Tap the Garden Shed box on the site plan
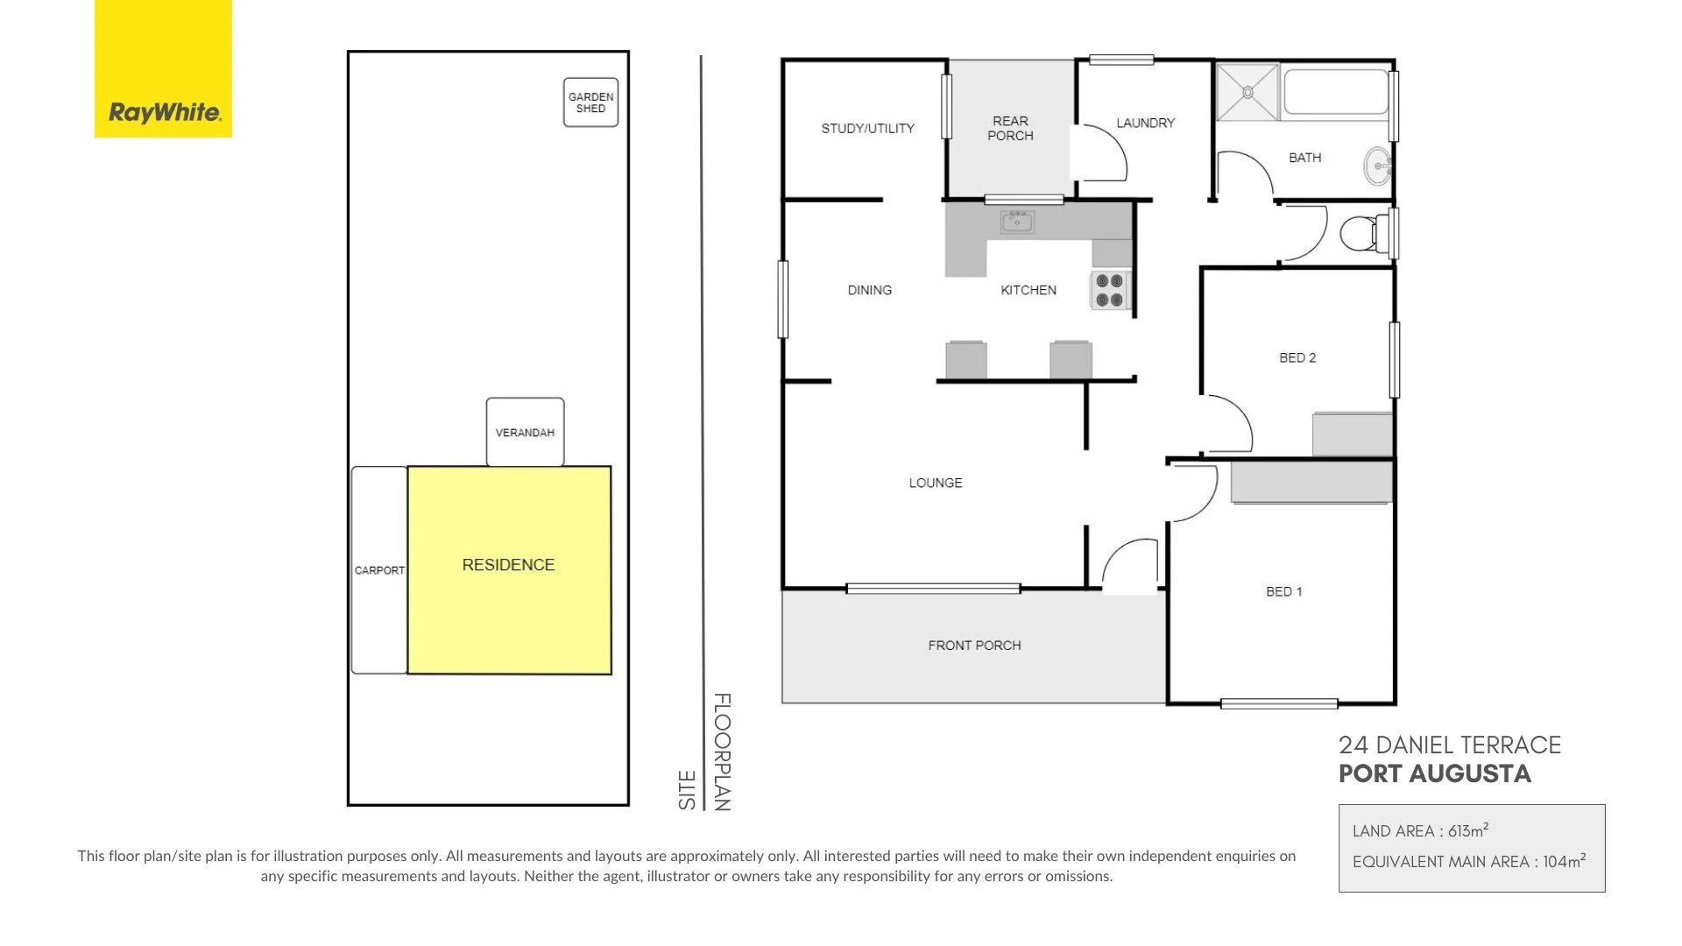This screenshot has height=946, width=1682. point(590,102)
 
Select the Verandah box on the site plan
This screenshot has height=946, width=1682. point(525,432)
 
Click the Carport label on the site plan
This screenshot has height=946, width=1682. point(379,570)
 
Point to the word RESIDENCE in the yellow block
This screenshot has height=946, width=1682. point(508,565)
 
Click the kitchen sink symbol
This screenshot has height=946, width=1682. point(1017,222)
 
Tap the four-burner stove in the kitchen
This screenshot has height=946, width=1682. point(1109,290)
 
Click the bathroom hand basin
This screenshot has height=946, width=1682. point(1378,166)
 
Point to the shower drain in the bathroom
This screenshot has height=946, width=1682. point(1247,92)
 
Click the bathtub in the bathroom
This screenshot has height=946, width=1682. point(1335,92)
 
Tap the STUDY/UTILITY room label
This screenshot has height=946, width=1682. point(867,128)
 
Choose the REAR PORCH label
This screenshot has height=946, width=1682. point(1010,128)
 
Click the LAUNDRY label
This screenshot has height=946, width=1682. point(1145,123)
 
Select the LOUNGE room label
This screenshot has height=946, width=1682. point(935,483)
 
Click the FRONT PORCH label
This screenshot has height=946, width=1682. point(974,646)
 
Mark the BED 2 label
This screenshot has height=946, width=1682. point(1297,357)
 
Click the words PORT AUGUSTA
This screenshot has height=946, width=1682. point(1434,774)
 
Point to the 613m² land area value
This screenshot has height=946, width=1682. point(1468,830)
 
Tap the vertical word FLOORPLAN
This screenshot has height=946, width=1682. point(722,752)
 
